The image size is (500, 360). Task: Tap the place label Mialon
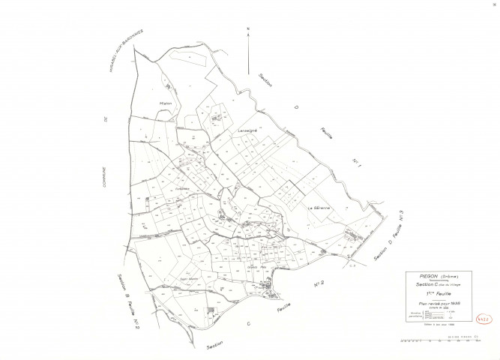[166, 103]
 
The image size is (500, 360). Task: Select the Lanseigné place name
[248, 130]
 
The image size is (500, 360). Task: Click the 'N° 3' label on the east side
[402, 220]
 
